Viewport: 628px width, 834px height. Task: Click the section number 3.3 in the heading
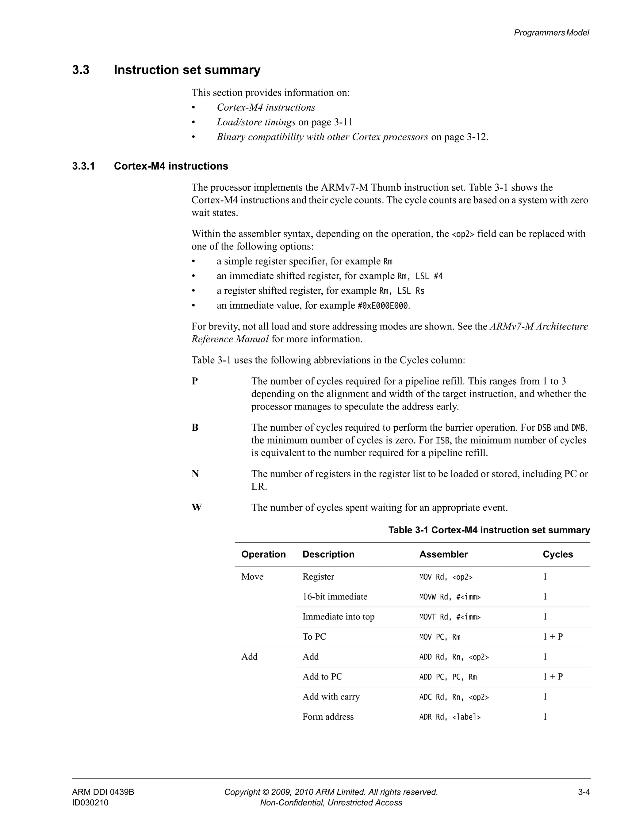click(x=81, y=70)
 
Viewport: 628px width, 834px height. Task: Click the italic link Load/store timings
click(x=256, y=122)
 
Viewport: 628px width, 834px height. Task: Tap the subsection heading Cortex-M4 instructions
click(x=171, y=166)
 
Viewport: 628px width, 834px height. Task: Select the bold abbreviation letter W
click(x=197, y=508)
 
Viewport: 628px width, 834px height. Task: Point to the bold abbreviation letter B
click(x=195, y=428)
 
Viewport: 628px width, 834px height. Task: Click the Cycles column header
click(x=557, y=554)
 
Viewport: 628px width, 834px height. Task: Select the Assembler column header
click(x=443, y=554)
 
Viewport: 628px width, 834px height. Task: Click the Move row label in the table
click(x=252, y=577)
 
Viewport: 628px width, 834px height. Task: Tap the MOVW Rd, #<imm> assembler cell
click(x=450, y=597)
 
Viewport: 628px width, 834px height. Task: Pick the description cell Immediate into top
click(x=338, y=616)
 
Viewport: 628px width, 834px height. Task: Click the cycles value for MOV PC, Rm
click(x=553, y=637)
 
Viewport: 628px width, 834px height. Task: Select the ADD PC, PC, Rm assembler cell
click(x=448, y=677)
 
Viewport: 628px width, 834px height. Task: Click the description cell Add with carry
click(x=331, y=697)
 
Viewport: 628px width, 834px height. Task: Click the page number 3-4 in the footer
click(x=584, y=792)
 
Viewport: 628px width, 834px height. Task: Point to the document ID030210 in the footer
click(x=90, y=803)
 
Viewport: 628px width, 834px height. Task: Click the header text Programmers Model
click(x=551, y=33)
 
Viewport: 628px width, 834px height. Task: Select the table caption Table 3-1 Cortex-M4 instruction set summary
click(x=489, y=530)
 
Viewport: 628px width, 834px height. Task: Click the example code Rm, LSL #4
click(x=420, y=276)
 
